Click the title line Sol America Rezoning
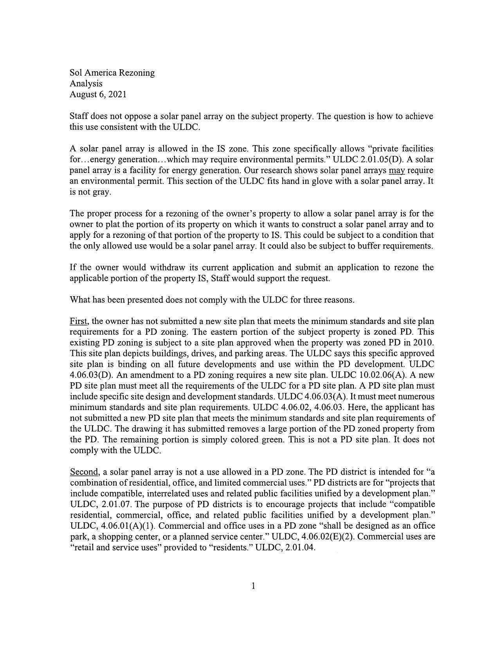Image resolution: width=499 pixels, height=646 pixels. click(x=112, y=73)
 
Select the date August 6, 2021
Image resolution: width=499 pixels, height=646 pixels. click(x=98, y=94)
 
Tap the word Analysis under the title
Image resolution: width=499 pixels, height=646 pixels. click(x=86, y=83)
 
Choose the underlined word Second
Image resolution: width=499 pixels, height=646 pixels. click(x=84, y=472)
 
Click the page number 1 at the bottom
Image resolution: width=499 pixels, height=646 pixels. click(x=254, y=586)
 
